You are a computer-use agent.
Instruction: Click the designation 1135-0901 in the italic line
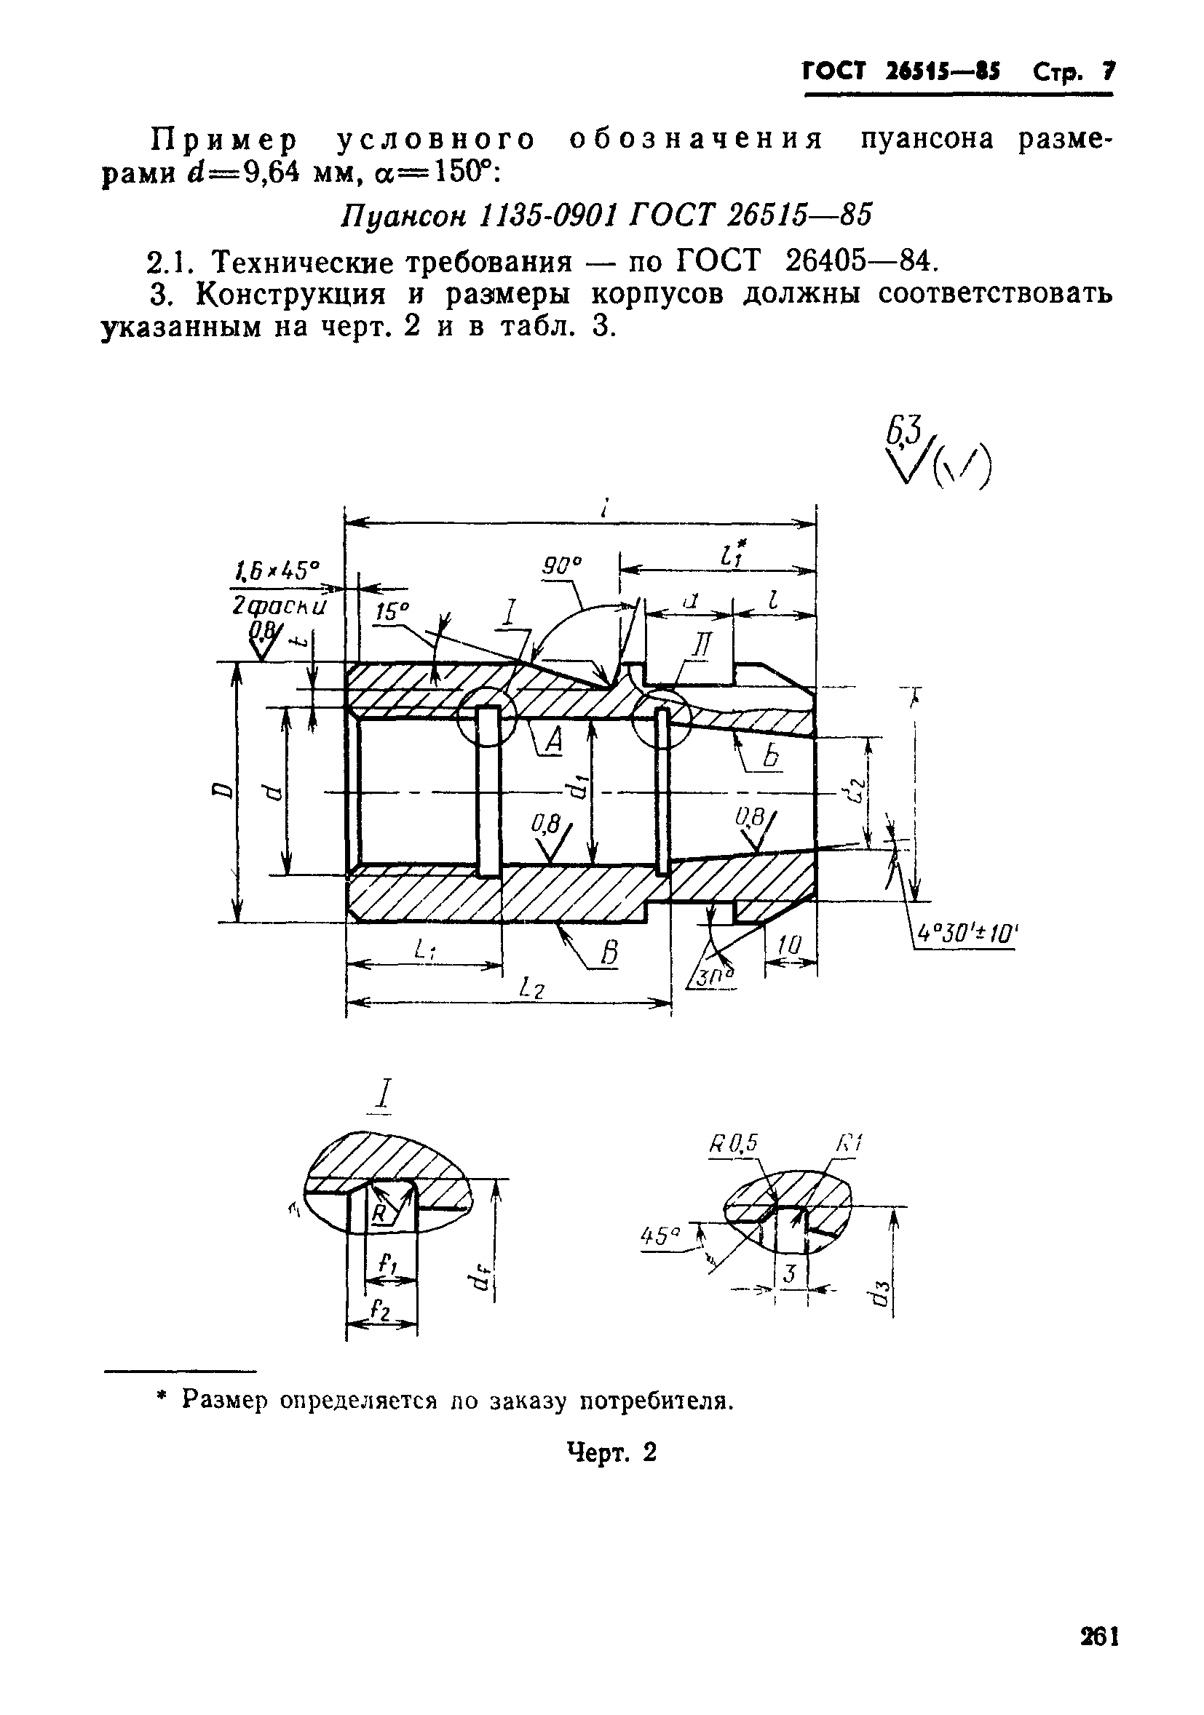[x=550, y=215]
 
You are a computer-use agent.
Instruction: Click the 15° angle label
[x=392, y=613]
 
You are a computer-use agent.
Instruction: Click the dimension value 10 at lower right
[x=788, y=946]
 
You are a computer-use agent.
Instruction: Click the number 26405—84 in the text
[x=860, y=260]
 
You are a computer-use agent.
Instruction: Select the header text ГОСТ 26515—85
[x=901, y=72]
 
